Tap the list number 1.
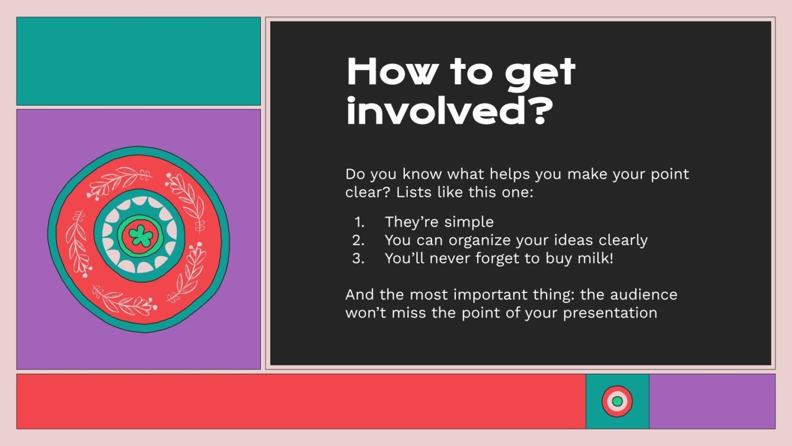[359, 222]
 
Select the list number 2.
[358, 241]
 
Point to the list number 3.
[358, 259]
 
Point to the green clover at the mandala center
[140, 235]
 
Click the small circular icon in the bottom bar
[617, 401]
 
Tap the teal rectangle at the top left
[138, 61]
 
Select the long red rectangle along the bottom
[301, 401]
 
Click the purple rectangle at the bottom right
[712, 401]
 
